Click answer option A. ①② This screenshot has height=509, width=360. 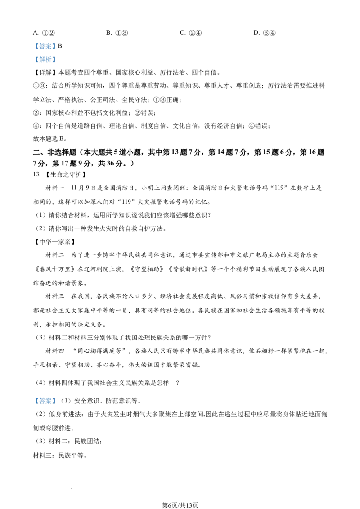click(x=44, y=32)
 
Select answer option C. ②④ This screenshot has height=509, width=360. click(x=191, y=32)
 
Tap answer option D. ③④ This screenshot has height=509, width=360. click(x=265, y=32)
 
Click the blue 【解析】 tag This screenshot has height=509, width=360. click(x=45, y=59)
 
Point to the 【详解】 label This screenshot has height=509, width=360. click(x=45, y=72)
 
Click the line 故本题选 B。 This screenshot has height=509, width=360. click(x=50, y=139)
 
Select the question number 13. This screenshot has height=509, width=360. click(x=37, y=174)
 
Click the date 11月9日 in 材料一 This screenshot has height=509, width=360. click(x=81, y=188)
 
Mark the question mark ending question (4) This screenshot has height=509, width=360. click(x=177, y=383)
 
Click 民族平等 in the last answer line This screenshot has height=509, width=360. click(x=71, y=455)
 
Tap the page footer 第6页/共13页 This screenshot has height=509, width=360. click(x=180, y=505)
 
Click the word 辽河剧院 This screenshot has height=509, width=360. click(x=96, y=269)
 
